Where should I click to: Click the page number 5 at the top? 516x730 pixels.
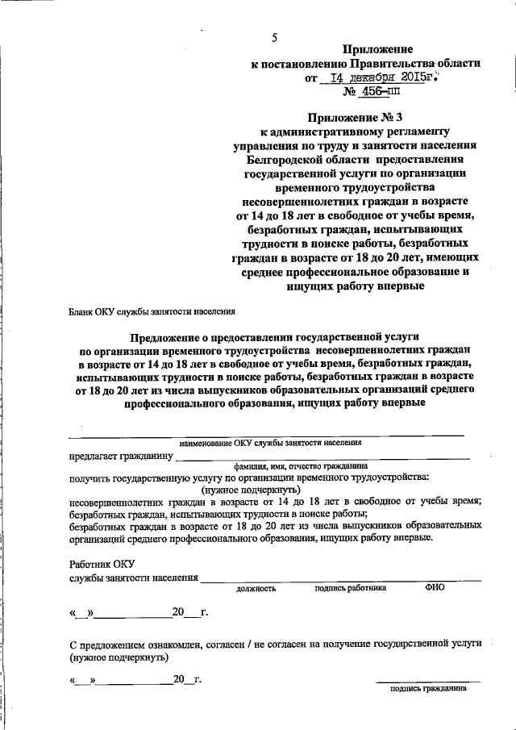tap(275, 38)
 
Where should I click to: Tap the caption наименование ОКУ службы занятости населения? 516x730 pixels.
tap(270, 443)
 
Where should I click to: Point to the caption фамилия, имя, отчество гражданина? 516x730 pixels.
tap(301, 466)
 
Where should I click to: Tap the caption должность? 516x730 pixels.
tap(256, 589)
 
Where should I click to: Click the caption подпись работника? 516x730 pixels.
tap(350, 588)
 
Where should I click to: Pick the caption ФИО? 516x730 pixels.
tap(435, 588)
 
